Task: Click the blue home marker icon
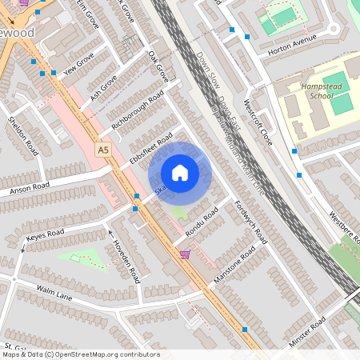click(x=180, y=173)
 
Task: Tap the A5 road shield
click(x=102, y=150)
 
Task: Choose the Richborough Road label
click(x=138, y=110)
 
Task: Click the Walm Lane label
click(x=53, y=290)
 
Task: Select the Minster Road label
click(x=307, y=331)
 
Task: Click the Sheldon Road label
click(x=22, y=136)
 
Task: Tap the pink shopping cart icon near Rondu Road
click(x=186, y=254)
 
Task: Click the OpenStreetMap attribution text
click(x=81, y=354)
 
